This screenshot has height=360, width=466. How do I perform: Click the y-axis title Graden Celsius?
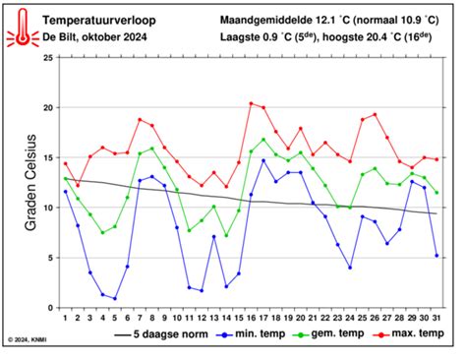[30, 183]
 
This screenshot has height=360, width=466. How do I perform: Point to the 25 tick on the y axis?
[49, 58]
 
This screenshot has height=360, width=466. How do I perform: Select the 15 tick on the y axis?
[49, 158]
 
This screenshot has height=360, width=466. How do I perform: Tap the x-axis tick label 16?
[251, 318]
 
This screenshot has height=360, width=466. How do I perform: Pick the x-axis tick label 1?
[65, 318]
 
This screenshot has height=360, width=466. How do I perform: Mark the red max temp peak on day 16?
[251, 103]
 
